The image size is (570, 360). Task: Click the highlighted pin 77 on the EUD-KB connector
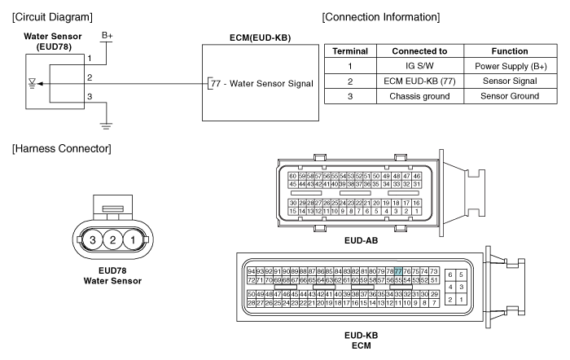398,271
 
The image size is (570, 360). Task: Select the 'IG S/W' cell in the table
419,66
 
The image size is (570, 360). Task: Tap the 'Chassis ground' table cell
419,96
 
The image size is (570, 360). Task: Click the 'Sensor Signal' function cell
510,81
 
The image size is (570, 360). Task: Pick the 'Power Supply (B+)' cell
510,66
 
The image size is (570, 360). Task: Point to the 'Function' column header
510,51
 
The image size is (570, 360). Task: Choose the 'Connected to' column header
419,51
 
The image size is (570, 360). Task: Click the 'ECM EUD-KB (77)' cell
419,81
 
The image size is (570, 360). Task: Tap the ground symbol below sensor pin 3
106,126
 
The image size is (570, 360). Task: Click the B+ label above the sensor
107,36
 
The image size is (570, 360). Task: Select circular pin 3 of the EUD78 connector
93,240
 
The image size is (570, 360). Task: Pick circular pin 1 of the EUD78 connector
133,240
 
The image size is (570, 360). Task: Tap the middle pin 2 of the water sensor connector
112,240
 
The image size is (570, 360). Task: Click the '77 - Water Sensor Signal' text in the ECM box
261,84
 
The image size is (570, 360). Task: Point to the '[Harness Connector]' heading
61,149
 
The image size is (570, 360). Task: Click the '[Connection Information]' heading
380,17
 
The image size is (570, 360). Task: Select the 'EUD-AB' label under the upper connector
361,240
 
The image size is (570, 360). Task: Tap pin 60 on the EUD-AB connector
292,176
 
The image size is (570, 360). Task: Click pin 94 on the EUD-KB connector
251,271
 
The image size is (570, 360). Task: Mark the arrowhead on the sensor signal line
41,84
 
